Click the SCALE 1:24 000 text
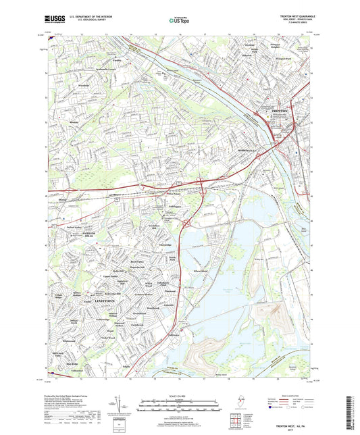click(x=179, y=396)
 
